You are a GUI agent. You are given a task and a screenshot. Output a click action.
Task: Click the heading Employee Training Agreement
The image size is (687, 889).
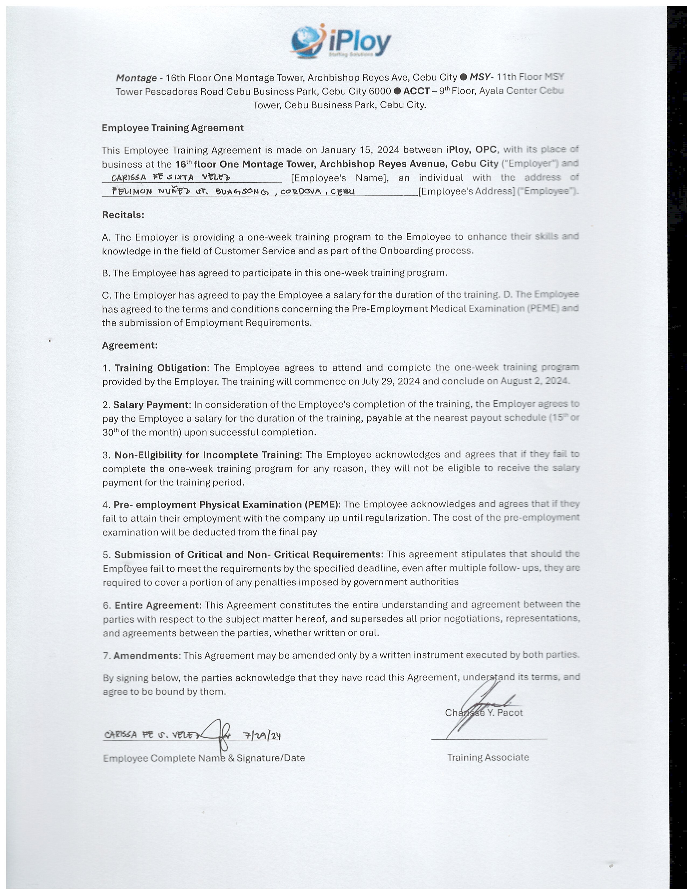point(173,128)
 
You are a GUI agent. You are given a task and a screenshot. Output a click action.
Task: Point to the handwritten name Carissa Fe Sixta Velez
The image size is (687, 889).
point(171,178)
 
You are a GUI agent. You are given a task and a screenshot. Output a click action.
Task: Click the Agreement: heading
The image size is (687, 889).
point(129,345)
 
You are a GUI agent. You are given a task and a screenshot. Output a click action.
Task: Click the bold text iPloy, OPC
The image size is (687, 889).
point(471,150)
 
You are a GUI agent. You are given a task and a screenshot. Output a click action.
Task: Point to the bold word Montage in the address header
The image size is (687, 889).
point(136,78)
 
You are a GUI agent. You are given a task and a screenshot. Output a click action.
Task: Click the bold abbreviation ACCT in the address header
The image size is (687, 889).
point(416,91)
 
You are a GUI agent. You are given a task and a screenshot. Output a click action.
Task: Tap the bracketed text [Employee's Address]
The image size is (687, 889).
point(466,191)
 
